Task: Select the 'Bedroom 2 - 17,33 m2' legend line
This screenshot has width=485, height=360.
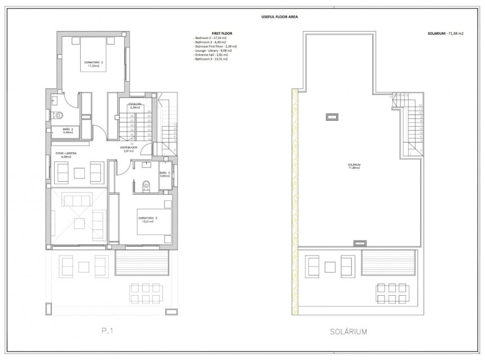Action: pos(210,38)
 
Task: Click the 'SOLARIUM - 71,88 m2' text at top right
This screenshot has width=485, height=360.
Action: pos(446,34)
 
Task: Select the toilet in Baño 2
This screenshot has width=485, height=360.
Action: pos(58,115)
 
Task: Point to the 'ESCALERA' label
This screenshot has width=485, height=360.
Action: pos(134,105)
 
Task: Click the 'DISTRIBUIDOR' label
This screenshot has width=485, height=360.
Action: pos(130,149)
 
